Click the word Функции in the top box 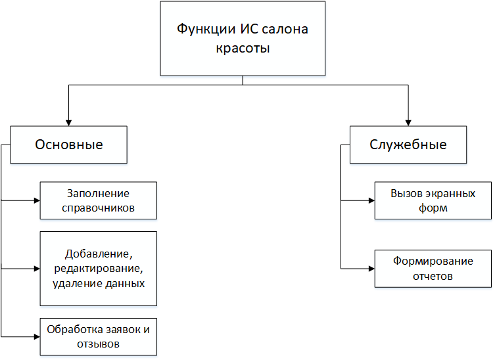[x=206, y=30]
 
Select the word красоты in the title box [x=243, y=48]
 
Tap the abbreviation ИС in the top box [x=249, y=29]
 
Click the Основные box [x=69, y=145]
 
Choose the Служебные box [x=408, y=145]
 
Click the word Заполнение [x=98, y=193]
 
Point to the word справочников [x=98, y=208]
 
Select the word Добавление [x=99, y=254]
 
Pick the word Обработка [x=76, y=329]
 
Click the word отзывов [x=98, y=344]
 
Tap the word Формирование [x=433, y=261]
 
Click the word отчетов [x=433, y=276]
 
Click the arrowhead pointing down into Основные [x=69, y=123]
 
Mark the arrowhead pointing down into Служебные [x=408, y=123]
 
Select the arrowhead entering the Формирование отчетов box [x=371, y=269]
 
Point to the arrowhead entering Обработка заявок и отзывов [x=37, y=336]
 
